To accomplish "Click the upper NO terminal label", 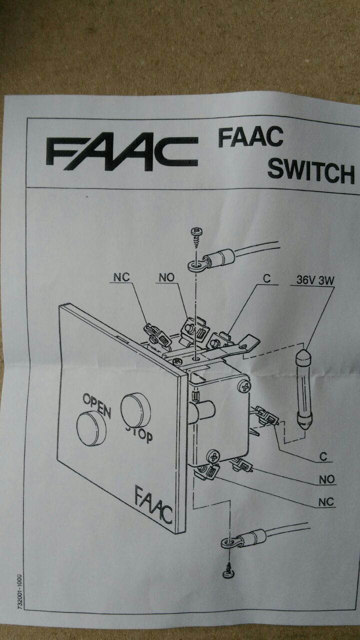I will coord(166,276).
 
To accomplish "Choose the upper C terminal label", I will coord(267,279).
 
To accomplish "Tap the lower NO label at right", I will coord(326,479).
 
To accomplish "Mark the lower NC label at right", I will coord(326,502).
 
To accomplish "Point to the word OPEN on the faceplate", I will coord(96,402).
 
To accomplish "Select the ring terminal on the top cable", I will coord(197,264).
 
